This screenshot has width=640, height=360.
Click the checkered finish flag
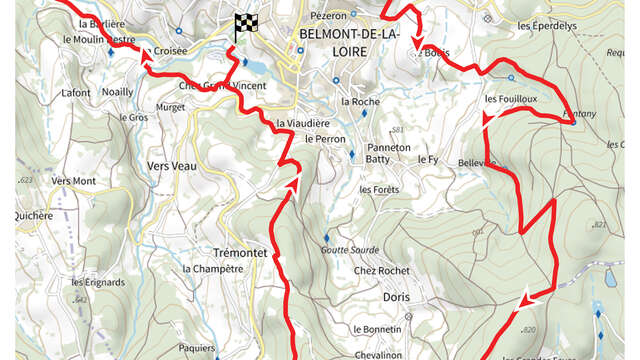[242, 26]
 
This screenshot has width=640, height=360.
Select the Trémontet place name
[241, 253]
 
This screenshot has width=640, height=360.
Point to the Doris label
[396, 297]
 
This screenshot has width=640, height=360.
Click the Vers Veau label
[171, 166]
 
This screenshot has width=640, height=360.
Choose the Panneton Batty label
[388, 153]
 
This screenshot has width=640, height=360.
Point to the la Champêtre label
[213, 269]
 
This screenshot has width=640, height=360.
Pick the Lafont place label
[76, 93]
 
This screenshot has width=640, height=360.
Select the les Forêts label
[379, 190]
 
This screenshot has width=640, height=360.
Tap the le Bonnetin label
[377, 329]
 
